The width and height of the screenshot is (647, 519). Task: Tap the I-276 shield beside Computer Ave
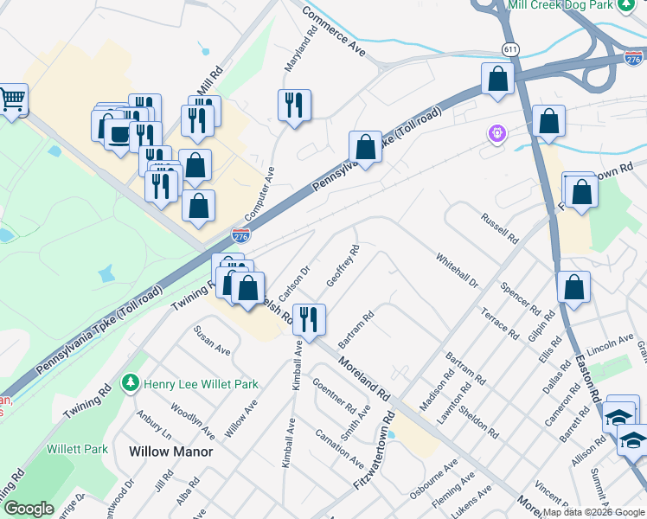pyautogui.click(x=241, y=234)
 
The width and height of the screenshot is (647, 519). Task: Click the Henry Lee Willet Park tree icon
pyautogui.click(x=131, y=382)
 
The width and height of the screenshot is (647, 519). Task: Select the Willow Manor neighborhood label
pyautogui.click(x=170, y=451)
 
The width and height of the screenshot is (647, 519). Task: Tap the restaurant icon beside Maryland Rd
pyautogui.click(x=294, y=106)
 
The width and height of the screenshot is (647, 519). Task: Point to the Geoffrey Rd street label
pyautogui.click(x=343, y=266)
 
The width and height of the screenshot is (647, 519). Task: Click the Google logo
pyautogui.click(x=29, y=508)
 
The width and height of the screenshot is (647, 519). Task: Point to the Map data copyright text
pyautogui.click(x=593, y=512)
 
